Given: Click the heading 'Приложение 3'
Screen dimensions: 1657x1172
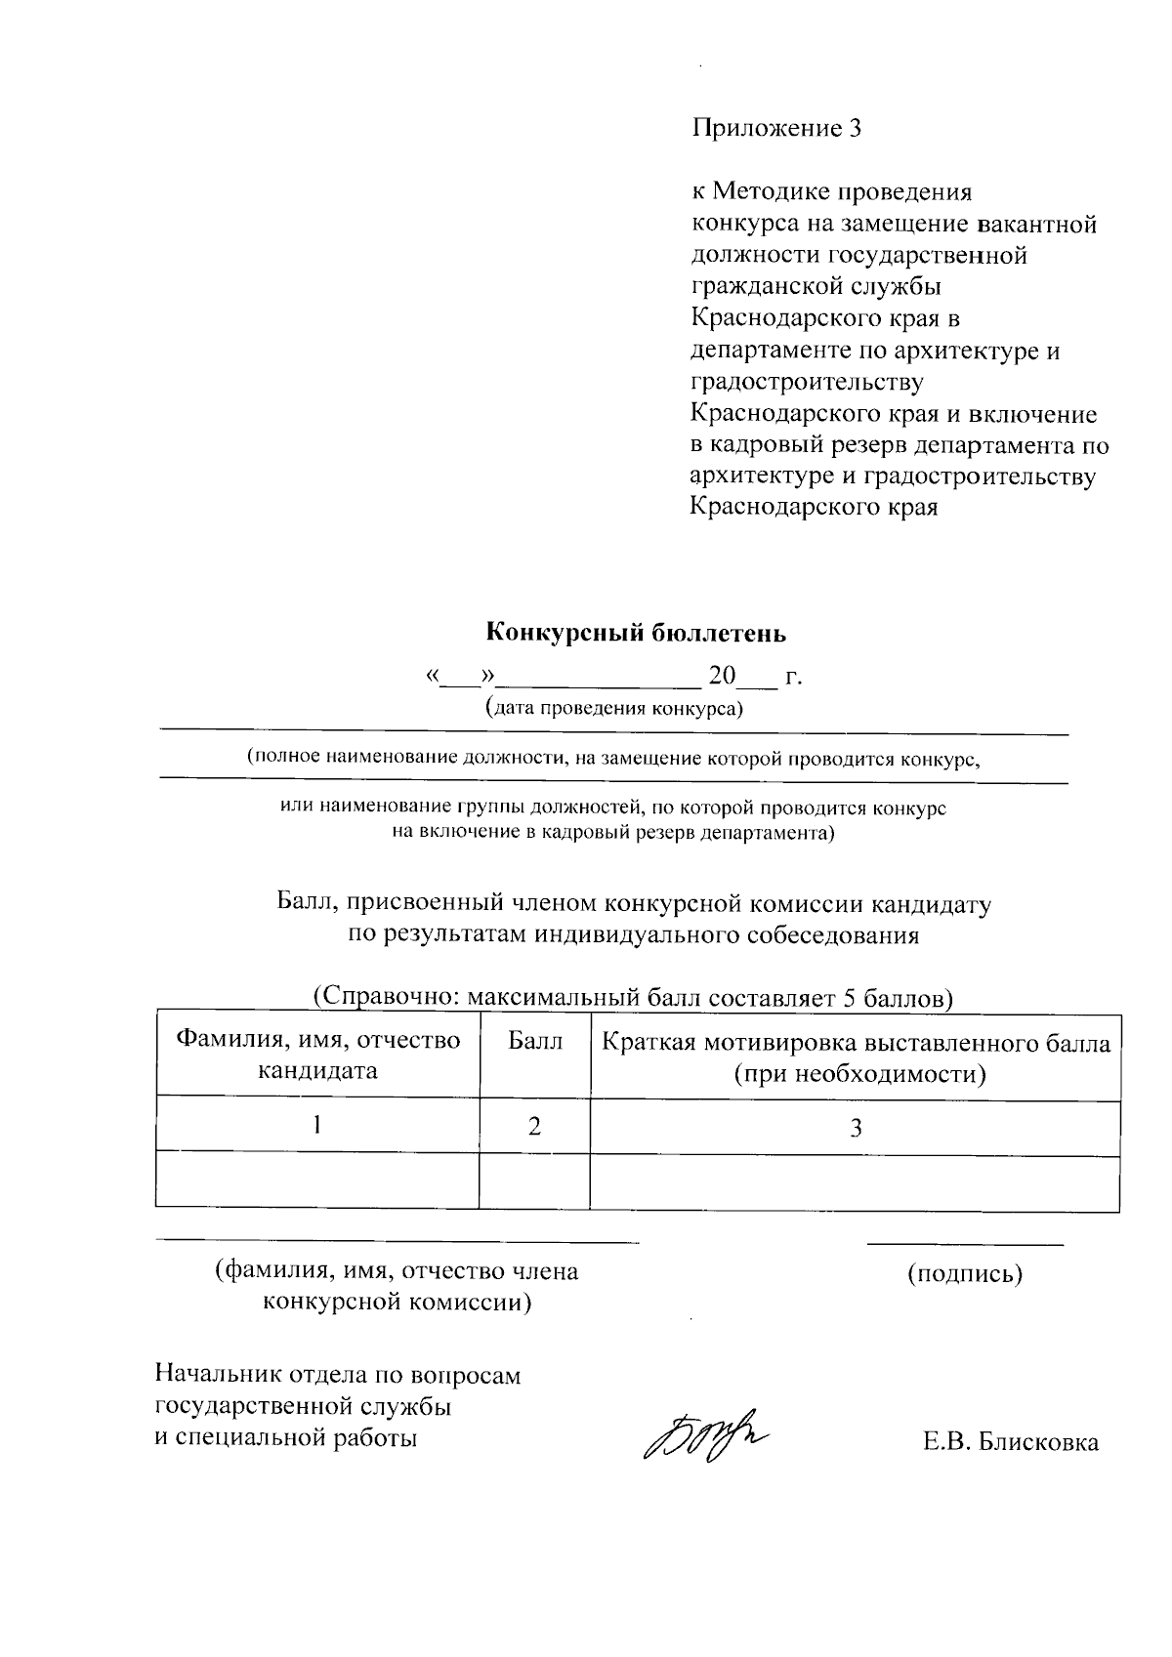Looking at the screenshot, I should click(x=777, y=129).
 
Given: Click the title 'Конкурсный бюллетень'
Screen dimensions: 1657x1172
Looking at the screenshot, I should click(x=636, y=633).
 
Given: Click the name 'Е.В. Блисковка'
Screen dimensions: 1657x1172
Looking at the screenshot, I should click(x=1010, y=1442).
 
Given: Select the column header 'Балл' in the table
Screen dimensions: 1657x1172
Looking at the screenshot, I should click(x=535, y=1042).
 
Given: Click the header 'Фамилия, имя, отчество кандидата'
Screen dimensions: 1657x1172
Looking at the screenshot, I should click(x=317, y=1056).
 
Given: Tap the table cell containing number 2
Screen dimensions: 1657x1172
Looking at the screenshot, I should click(x=534, y=1127).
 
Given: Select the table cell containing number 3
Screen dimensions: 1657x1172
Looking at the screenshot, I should click(x=856, y=1129).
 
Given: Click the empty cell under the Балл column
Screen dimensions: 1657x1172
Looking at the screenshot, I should click(x=534, y=1181).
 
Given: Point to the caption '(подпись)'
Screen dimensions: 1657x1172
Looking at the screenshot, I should click(x=964, y=1273).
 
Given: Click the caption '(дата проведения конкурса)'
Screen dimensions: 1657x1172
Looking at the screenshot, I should click(x=614, y=708).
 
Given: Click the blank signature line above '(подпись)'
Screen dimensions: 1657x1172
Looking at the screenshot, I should click(x=964, y=1244).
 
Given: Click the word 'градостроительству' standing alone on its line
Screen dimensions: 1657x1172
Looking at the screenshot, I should click(x=806, y=382).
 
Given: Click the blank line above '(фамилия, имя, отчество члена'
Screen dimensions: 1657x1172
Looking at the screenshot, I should click(x=397, y=1242).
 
